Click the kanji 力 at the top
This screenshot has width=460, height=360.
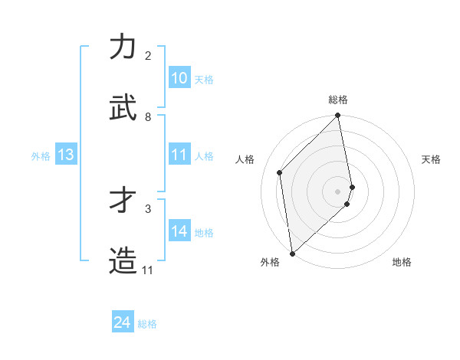coord(123,47)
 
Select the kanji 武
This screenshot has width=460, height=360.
coord(123,107)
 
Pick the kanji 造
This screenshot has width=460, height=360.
coord(123,260)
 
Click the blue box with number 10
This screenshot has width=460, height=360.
coord(179,78)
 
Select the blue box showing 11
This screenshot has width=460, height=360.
coord(179,155)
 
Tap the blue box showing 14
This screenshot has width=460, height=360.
coord(179,232)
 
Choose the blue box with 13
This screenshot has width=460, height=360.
coord(66,155)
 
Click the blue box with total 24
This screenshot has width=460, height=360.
coord(123,322)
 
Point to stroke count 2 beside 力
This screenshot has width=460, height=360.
coord(148,56)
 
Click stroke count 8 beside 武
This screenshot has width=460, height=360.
coord(148,117)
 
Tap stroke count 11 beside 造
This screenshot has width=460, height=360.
coord(147,270)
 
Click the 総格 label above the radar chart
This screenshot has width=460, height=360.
coord(338,100)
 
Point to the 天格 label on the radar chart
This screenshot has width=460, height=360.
coord(431,159)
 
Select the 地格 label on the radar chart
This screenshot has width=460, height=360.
coord(402,263)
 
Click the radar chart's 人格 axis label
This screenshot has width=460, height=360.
coord(245,159)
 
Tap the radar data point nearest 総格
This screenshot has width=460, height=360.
coord(338,116)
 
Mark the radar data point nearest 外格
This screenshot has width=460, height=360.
coord(292,253)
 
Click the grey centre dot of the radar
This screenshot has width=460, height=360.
coord(338,191)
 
